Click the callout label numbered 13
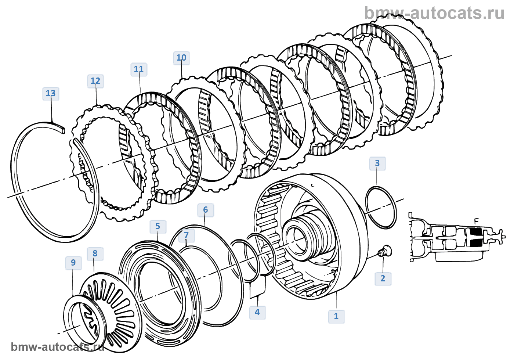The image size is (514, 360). (x=51, y=94)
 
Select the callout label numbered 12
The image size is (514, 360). (x=95, y=81)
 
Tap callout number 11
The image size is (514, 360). (x=139, y=69)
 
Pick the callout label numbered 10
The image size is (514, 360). (x=181, y=58)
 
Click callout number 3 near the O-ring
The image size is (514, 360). (x=377, y=163)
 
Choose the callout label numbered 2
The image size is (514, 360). (x=383, y=279)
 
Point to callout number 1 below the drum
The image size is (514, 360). (x=336, y=317)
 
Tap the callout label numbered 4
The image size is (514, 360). (x=257, y=313)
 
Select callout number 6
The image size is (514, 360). (x=206, y=210)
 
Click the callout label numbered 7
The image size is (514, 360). (x=187, y=235)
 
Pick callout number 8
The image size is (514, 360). (x=95, y=254)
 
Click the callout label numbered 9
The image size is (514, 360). (x=73, y=263)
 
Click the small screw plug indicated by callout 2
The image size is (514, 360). (x=385, y=251)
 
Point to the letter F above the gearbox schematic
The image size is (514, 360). (x=477, y=222)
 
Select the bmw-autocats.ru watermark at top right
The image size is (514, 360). (x=434, y=13)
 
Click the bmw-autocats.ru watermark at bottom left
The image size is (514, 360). (x=58, y=347)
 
